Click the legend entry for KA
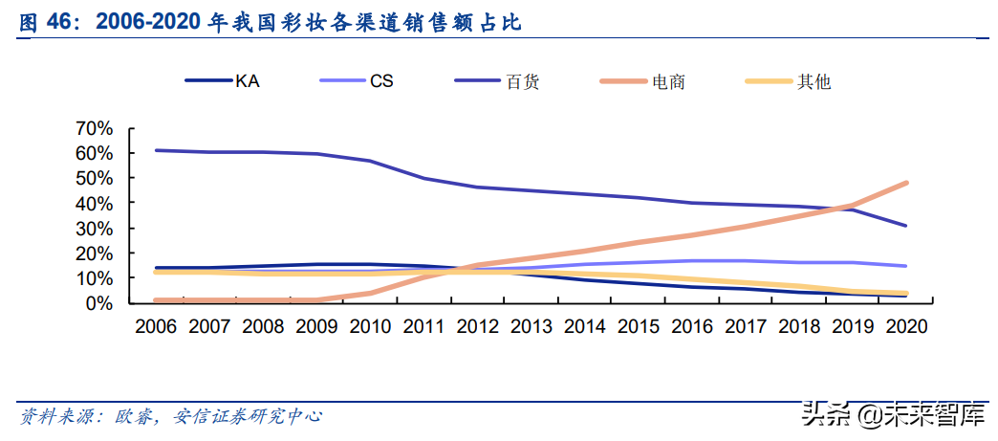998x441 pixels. click(x=222, y=81)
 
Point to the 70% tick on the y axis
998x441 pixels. click(x=95, y=128)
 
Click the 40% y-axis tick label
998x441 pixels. click(x=95, y=203)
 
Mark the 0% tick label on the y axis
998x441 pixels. click(x=99, y=303)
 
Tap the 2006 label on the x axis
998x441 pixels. click(x=156, y=326)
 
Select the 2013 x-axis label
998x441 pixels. click(x=532, y=326)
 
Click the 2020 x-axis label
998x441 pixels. click(x=906, y=326)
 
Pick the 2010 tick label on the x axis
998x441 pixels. click(x=371, y=326)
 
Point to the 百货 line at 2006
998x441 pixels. click(x=156, y=150)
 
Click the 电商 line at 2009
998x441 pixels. click(x=317, y=300)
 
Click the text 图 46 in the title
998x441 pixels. click(x=47, y=22)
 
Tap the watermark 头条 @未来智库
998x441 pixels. click(x=894, y=414)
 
